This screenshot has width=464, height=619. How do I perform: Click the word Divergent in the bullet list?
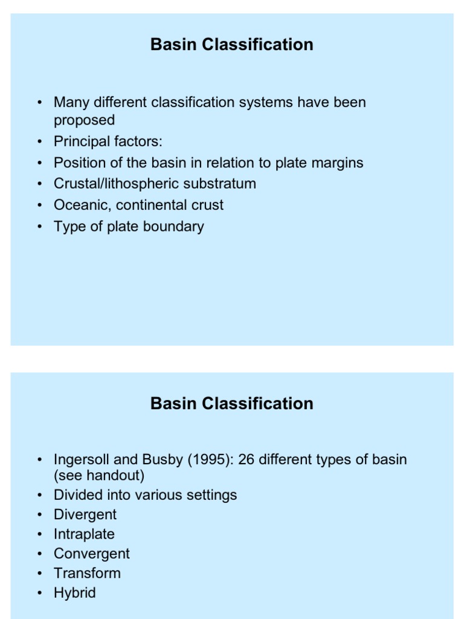(x=85, y=514)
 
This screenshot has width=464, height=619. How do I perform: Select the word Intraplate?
(x=84, y=534)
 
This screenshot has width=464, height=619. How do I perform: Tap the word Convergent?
(x=92, y=554)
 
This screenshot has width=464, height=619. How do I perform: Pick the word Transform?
(x=87, y=573)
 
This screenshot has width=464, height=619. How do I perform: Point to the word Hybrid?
(x=75, y=592)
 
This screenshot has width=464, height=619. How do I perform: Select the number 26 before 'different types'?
(x=247, y=459)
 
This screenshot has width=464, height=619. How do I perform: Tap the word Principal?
(x=81, y=141)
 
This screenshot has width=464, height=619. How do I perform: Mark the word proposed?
(x=84, y=120)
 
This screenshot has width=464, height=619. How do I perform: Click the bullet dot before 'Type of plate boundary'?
(x=39, y=227)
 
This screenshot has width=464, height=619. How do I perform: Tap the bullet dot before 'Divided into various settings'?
(x=39, y=495)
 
